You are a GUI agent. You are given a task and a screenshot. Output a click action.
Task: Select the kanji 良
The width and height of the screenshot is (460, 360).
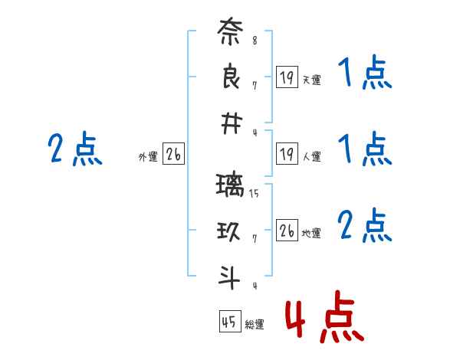[230, 79]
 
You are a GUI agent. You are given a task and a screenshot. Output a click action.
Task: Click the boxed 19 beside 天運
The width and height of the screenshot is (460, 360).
[287, 77]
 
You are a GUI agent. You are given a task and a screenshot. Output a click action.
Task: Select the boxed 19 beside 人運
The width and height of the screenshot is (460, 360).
[287, 155]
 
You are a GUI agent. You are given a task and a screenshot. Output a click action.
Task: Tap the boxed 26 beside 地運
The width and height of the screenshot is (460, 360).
[287, 231]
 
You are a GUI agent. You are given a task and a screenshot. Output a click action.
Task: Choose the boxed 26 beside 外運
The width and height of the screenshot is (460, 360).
[173, 155]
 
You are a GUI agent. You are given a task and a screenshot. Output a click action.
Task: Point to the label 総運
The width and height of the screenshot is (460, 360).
[255, 325]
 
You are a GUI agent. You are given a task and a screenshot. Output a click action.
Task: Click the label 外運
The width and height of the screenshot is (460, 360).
[147, 157]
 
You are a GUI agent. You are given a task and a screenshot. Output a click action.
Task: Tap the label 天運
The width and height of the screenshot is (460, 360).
[311, 80]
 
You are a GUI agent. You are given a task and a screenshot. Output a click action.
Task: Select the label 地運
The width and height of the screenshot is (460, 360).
[311, 234]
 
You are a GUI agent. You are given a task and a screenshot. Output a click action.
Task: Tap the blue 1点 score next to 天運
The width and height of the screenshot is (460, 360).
[364, 74]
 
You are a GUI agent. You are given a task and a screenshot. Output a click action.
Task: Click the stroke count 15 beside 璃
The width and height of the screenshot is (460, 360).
[254, 194]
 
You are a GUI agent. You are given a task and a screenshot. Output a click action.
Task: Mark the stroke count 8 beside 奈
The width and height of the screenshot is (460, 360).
[255, 41]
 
